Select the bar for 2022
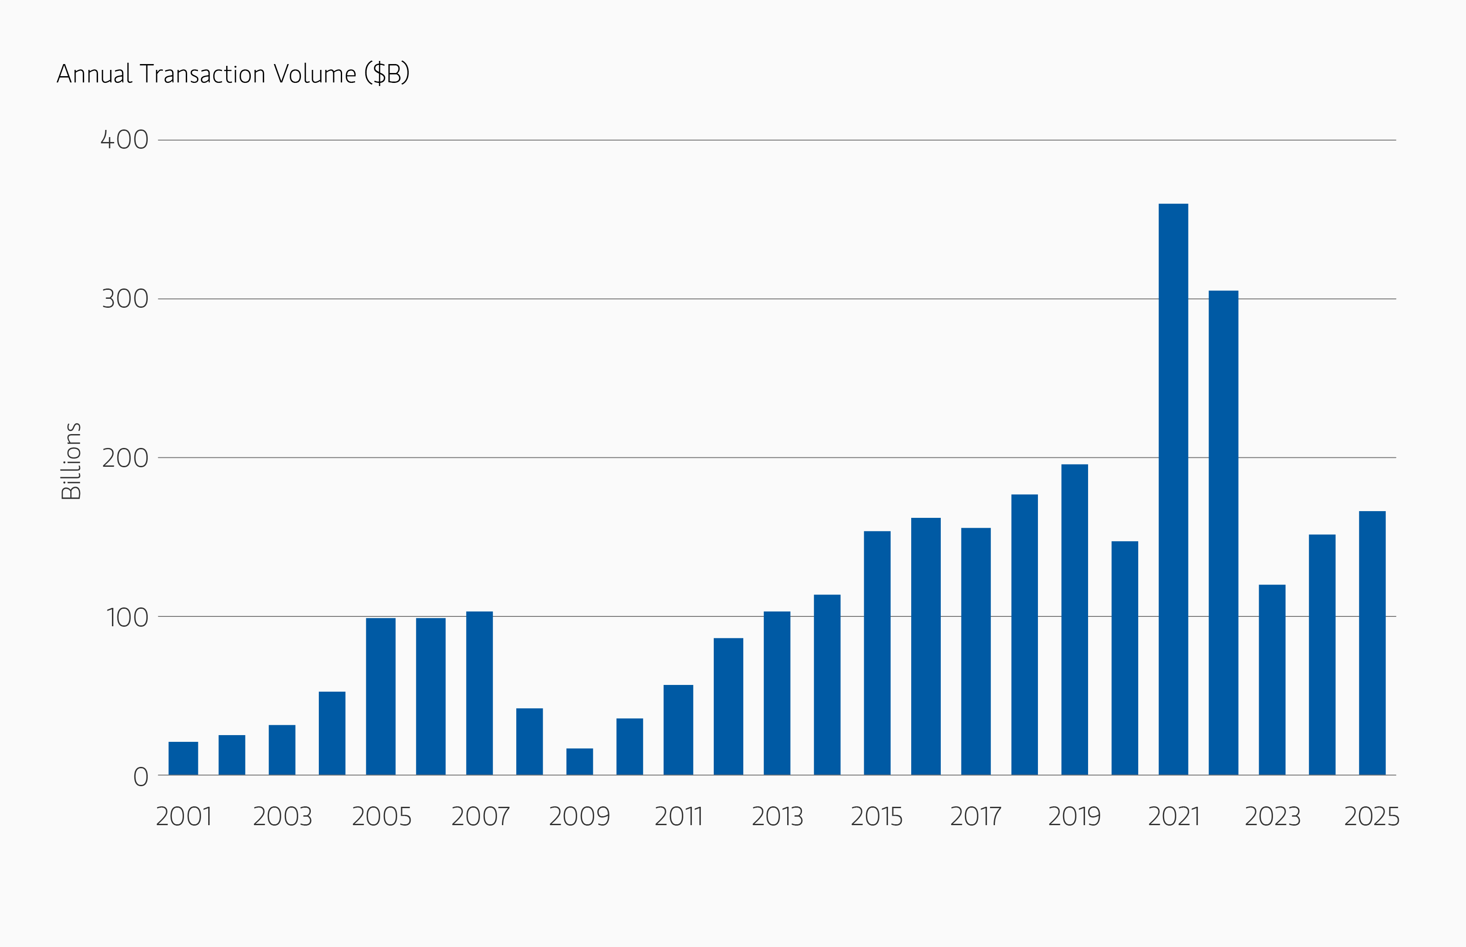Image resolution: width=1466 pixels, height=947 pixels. pos(1223,533)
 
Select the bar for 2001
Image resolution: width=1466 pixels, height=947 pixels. pos(183,758)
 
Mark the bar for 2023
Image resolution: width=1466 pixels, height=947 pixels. pos(1272,680)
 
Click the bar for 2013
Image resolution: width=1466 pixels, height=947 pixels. pos(776,693)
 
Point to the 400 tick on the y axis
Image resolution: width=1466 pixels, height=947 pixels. pos(125,140)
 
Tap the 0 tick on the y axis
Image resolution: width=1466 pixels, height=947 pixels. pos(141,777)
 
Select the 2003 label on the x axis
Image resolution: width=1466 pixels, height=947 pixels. pos(282,817)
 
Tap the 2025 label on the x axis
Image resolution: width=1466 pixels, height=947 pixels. pos(1372,817)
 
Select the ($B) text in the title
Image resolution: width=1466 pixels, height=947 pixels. pos(386,74)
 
